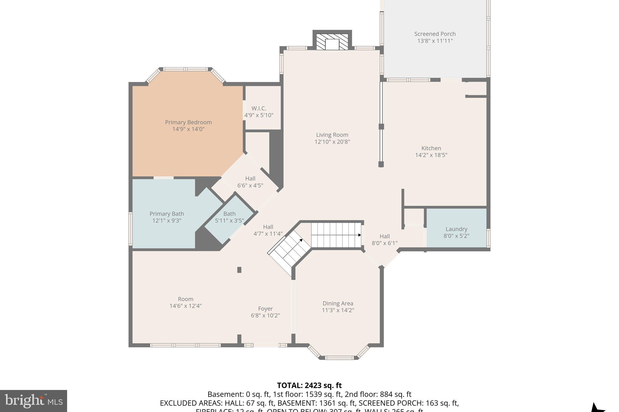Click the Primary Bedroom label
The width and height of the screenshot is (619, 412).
tap(188, 122)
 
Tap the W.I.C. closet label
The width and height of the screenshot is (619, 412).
tap(259, 108)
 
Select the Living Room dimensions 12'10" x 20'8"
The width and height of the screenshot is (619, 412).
tap(332, 142)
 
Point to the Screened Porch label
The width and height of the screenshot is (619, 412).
tap(435, 34)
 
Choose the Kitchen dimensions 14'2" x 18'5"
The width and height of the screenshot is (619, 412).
tap(431, 155)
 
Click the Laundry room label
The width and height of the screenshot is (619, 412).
tap(456, 229)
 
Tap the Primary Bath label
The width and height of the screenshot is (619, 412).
tap(167, 214)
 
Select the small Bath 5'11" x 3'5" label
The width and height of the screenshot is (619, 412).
tap(229, 217)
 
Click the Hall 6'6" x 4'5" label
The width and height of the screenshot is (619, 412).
tap(250, 182)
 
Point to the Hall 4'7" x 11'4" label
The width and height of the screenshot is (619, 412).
tap(268, 230)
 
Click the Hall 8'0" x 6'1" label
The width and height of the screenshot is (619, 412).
tap(384, 239)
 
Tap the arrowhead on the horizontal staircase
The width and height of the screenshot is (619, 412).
tap(360, 235)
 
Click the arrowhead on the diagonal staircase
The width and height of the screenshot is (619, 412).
tap(301, 240)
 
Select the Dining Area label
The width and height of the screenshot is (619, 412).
tap(338, 303)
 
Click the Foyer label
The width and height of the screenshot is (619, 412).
tap(265, 308)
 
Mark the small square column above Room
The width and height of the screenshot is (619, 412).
tap(239, 270)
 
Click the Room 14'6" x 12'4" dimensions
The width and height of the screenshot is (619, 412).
tap(185, 306)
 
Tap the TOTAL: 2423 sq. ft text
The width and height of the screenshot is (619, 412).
tap(309, 385)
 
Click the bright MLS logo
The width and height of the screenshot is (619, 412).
tap(33, 401)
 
